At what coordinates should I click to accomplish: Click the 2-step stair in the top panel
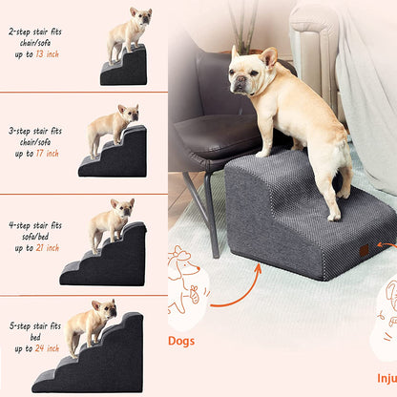pyautogui.click(x=125, y=68)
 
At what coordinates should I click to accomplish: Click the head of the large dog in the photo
pyautogui.click(x=250, y=73)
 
